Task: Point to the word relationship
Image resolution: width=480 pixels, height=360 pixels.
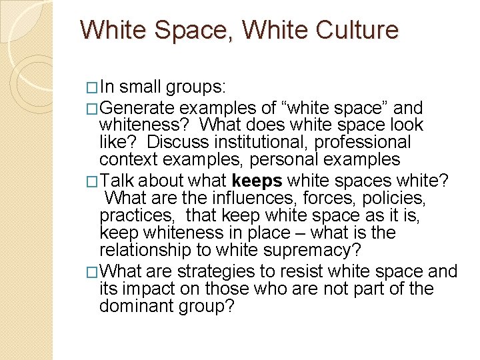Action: pyautogui.click(x=142, y=251)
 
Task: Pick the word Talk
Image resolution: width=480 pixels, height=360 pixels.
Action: pyautogui.click(x=118, y=181)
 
